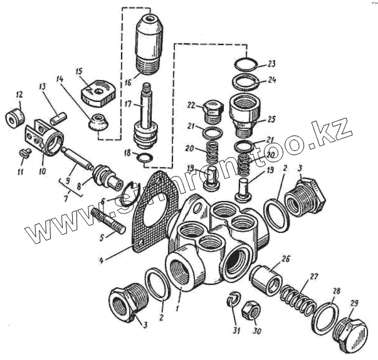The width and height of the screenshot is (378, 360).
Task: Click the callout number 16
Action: pos(128,81)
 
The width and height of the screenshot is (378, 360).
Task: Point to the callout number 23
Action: pos(271,64)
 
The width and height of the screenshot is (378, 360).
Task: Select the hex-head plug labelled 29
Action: pos(353,329)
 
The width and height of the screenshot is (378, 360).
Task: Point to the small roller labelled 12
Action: pos(16,116)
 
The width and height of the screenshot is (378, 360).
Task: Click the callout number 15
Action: pos(80,70)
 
